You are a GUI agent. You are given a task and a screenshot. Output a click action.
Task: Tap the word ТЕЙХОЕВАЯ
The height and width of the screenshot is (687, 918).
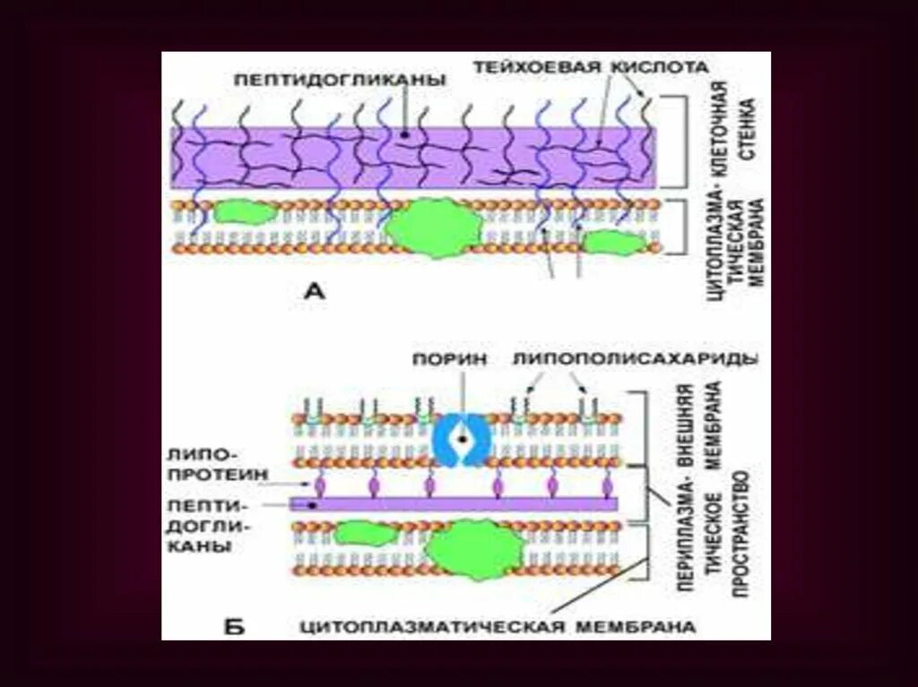click(x=523, y=67)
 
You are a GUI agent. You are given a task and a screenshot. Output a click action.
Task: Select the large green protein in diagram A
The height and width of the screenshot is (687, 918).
click(x=434, y=229)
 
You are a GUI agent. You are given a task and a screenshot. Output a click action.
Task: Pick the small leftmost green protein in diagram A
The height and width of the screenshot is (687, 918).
click(x=243, y=212)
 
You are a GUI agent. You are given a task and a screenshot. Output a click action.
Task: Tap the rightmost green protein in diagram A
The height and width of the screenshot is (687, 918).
click(x=613, y=242)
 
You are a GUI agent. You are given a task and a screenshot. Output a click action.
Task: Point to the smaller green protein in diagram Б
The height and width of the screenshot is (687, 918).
click(x=367, y=535)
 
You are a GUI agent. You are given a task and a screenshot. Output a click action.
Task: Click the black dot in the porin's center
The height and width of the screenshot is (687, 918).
click(x=461, y=440)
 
